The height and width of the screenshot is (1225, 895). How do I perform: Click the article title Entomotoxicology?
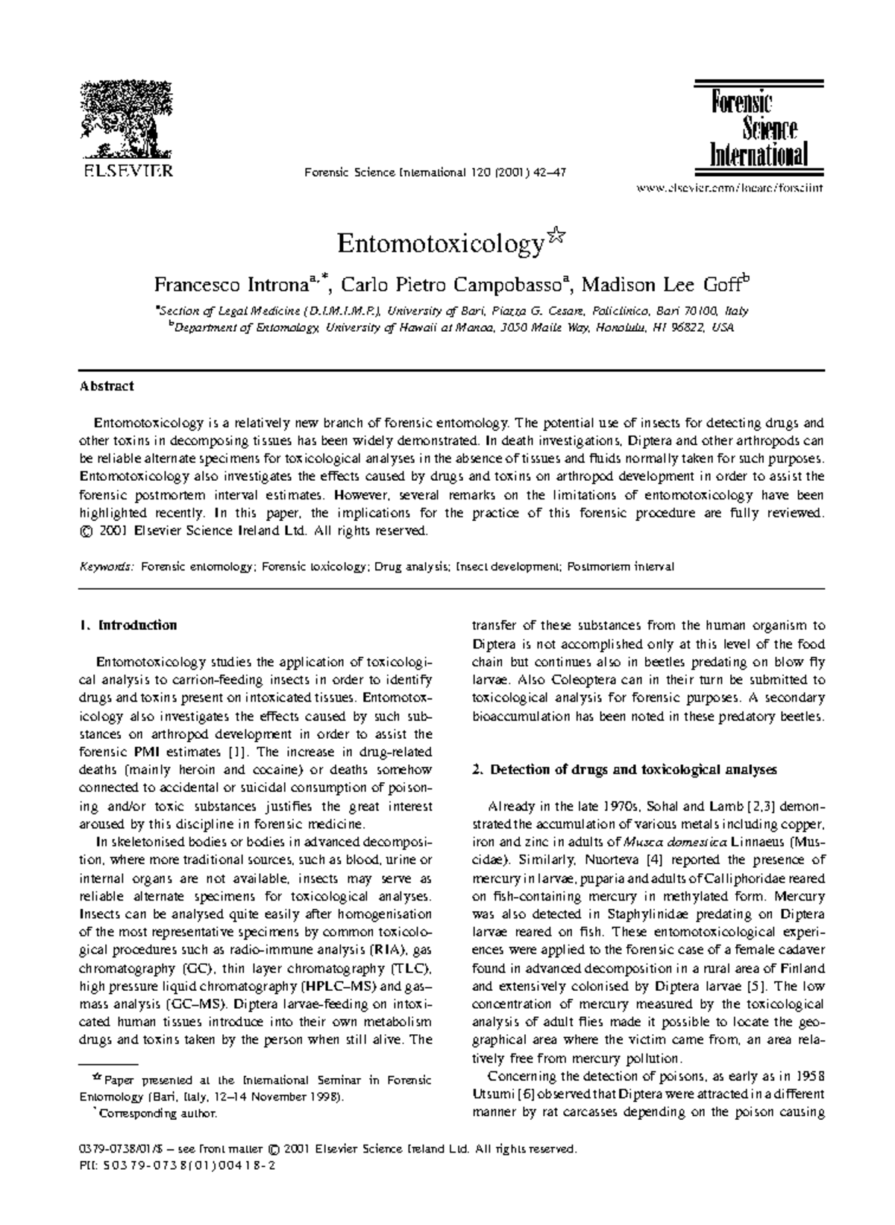440,245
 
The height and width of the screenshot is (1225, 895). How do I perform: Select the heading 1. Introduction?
128,625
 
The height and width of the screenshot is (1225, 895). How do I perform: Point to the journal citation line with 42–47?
436,172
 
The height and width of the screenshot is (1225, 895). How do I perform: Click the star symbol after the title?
555,237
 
